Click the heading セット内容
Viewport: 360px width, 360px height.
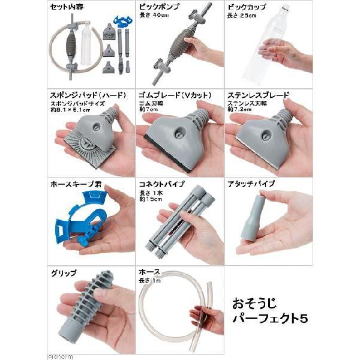pyautogui.click(x=68, y=7)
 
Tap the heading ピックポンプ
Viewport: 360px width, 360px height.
pyautogui.click(x=159, y=7)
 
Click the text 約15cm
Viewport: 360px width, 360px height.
pyautogui.click(x=153, y=199)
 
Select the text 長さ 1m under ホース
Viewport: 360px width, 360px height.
pyautogui.click(x=151, y=281)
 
